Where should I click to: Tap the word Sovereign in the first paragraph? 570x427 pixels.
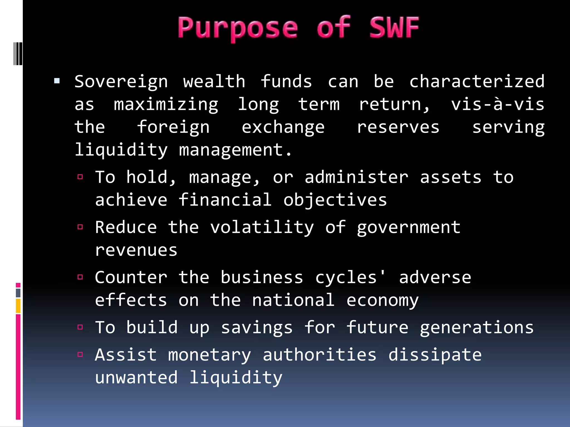121,82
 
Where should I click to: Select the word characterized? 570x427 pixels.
477,82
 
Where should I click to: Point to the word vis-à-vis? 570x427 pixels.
498,105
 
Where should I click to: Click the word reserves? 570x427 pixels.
398,128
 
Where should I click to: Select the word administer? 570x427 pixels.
356,177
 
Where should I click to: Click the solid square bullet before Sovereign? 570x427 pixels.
57,81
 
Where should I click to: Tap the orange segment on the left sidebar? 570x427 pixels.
18,306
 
